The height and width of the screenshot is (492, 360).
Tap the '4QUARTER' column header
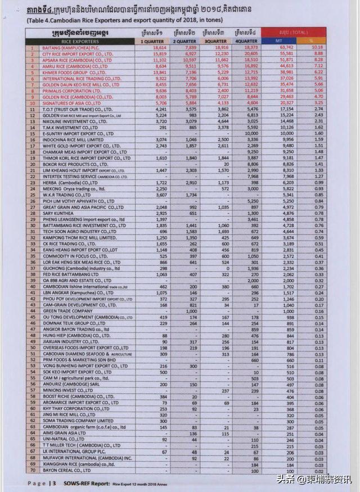click(x=247, y=41)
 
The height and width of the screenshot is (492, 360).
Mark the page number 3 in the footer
click(x=53, y=482)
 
